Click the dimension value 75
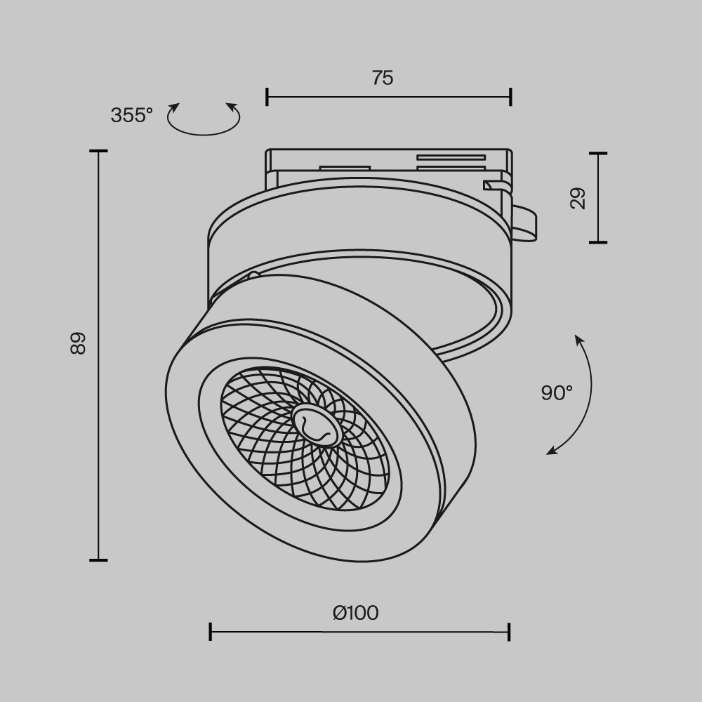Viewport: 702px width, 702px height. coord(383,78)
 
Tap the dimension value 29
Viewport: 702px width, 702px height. coord(578,199)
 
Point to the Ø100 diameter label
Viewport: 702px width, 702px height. coord(356,613)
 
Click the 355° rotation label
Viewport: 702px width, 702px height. coord(131,115)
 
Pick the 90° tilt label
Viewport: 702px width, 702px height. coord(557,393)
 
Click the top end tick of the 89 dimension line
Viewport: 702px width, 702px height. coord(98,152)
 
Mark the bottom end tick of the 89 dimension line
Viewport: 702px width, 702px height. coord(98,560)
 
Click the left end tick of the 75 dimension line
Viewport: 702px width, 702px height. coord(267,97)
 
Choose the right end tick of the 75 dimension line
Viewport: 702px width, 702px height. coord(510,97)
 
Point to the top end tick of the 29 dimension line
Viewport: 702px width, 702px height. coord(598,153)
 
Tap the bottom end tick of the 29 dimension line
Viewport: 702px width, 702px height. coord(598,242)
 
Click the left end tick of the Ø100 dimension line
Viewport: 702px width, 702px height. coord(211,632)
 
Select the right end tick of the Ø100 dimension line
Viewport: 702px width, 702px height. coord(509,632)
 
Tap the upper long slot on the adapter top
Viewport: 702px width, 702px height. coord(451,157)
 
